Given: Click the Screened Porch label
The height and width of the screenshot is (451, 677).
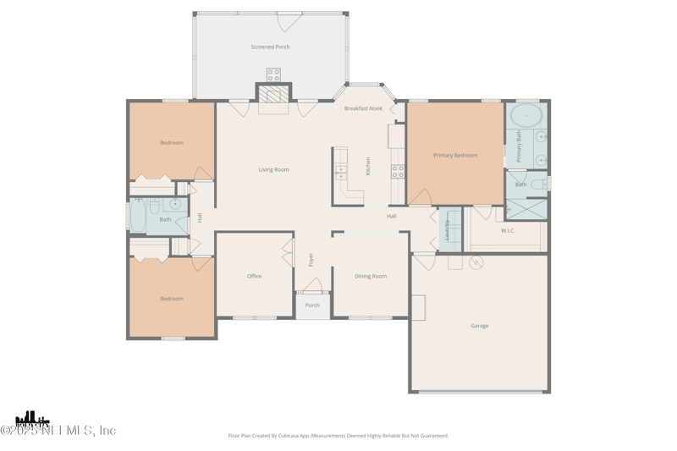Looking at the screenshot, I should (270, 47).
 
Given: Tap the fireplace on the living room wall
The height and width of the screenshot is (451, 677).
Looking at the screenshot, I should (273, 95).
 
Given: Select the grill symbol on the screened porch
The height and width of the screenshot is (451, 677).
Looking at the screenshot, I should (273, 74).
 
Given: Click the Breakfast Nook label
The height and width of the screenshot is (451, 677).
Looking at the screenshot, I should (363, 108).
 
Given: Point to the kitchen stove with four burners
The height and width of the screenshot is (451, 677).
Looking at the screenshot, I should (398, 171).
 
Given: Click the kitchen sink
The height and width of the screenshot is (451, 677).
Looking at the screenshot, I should (340, 173).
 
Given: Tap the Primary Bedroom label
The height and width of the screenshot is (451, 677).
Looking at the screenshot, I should (455, 156).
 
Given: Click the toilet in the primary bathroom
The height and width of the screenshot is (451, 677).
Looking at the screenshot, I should (537, 184).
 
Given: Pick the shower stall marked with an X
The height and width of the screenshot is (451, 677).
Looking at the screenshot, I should (526, 209).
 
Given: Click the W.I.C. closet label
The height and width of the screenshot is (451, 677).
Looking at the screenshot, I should (508, 230).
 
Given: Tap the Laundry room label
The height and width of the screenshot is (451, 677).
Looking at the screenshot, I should (447, 230).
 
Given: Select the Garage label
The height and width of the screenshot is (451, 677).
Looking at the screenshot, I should (480, 326).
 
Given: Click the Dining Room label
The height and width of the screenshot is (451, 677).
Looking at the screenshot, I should (371, 277).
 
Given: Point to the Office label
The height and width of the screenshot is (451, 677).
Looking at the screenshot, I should (254, 277).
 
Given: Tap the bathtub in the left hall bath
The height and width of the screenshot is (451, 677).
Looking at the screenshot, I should (137, 217).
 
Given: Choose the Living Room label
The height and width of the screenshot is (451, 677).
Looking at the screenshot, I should (273, 170).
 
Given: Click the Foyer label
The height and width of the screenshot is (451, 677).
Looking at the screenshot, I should (311, 260).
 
